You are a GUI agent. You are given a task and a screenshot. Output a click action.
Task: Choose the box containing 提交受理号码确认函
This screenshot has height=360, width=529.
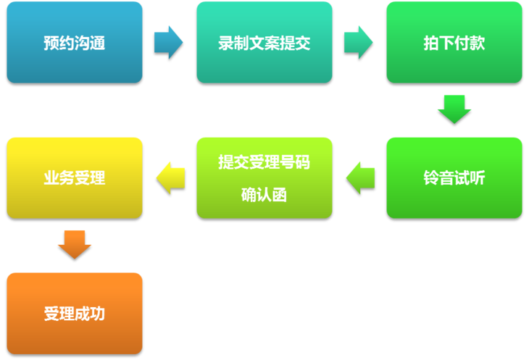[x=264, y=177]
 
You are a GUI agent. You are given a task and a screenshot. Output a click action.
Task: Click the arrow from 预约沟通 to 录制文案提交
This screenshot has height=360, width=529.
[x=169, y=42]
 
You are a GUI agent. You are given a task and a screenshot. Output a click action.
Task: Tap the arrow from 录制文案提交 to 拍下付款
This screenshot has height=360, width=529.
[x=359, y=42]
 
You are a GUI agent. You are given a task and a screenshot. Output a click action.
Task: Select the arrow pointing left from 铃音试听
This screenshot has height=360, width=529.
[x=360, y=177]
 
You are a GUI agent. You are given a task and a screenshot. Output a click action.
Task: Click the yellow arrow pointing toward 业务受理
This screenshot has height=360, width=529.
[x=170, y=177]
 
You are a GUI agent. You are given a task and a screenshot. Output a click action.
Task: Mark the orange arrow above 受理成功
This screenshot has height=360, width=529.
[x=75, y=244]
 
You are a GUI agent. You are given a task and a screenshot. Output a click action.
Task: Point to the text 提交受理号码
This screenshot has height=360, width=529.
[x=264, y=162]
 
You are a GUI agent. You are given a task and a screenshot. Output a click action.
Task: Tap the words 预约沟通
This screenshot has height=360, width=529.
[x=75, y=43]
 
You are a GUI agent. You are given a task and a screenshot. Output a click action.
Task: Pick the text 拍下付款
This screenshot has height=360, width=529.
[x=454, y=43]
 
